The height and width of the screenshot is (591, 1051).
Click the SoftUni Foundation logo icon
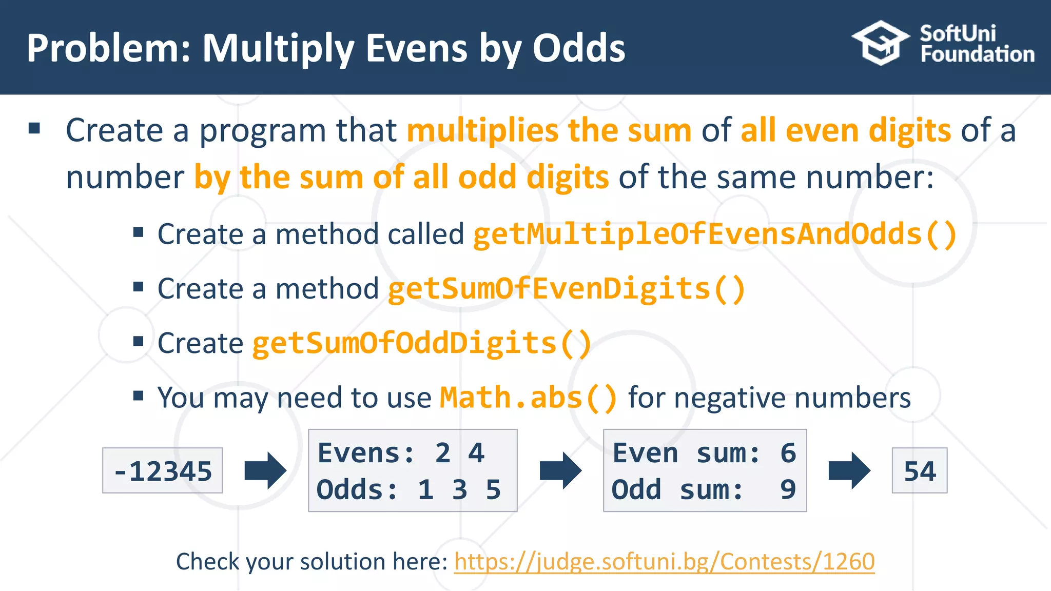881,43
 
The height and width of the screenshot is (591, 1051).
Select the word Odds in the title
578,48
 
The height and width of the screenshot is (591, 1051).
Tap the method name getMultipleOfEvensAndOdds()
714,234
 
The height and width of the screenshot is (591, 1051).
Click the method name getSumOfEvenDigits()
566,289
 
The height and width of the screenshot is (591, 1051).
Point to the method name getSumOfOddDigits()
422,343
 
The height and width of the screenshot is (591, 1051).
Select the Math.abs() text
529,398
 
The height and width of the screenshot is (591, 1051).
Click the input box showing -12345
163,471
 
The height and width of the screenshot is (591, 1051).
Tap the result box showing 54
920,471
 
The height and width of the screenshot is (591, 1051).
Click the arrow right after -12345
265,470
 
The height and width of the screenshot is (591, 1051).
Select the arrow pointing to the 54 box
849,470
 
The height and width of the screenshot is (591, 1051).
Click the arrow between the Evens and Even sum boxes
560,470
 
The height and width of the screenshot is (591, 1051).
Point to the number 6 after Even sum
788,454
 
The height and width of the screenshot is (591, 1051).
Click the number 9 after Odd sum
788,490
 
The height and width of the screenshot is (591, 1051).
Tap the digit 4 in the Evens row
476,454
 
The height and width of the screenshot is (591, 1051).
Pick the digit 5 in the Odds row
493,490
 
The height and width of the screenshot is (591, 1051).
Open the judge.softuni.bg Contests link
664,562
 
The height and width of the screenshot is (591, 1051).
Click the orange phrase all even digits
845,130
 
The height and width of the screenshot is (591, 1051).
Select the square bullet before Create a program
34,128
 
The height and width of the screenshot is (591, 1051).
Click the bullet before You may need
138,396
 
